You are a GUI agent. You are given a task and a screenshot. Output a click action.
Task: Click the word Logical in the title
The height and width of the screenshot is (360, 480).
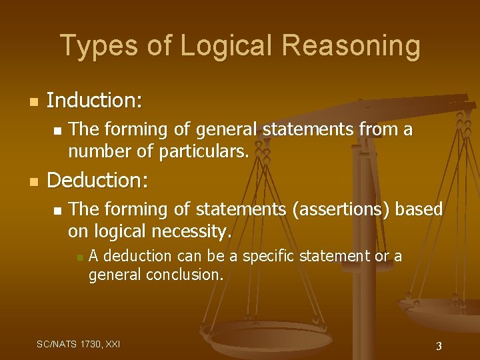tap(222, 46)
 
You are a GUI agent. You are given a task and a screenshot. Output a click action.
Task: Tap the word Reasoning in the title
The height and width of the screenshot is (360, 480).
tap(351, 46)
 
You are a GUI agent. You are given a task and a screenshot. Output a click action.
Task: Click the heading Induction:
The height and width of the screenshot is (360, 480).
tap(95, 101)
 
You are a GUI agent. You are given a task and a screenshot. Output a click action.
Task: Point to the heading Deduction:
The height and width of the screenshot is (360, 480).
tap(99, 181)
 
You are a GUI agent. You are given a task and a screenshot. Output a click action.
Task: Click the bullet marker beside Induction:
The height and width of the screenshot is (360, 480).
tap(34, 103)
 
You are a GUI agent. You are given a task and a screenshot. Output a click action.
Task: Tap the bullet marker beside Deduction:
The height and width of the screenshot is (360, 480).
tap(34, 182)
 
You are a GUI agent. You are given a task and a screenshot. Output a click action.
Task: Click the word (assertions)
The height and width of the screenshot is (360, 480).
tap(341, 209)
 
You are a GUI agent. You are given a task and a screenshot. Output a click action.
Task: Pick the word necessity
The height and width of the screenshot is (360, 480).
tap(193, 231)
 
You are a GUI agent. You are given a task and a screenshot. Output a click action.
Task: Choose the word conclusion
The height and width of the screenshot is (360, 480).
tap(185, 274)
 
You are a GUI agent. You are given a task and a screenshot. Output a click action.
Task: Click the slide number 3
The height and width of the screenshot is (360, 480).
tap(439, 346)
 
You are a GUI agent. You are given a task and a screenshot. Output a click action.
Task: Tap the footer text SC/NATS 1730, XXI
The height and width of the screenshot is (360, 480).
tap(79, 344)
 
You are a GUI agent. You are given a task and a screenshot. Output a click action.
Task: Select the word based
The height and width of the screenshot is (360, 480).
tap(419, 209)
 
